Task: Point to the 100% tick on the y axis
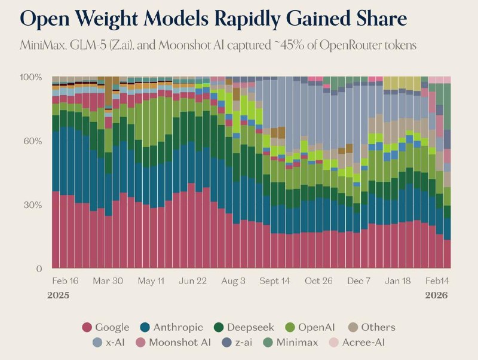(30, 78)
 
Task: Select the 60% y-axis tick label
(32, 142)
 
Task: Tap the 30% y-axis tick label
(32, 205)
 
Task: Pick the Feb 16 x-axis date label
(65, 281)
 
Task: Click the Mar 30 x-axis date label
(108, 281)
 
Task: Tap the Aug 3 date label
(233, 281)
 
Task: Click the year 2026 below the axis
(437, 295)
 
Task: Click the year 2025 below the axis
(59, 295)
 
